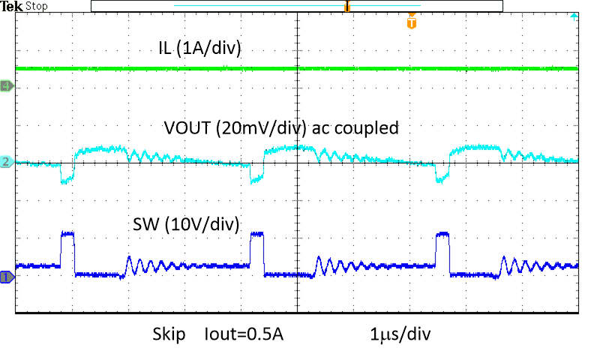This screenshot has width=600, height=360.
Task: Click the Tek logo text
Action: (x=11, y=6)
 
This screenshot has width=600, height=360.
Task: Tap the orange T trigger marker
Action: (x=411, y=22)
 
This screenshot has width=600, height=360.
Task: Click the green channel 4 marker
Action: (x=7, y=86)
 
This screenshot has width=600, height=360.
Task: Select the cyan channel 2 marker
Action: (x=7, y=162)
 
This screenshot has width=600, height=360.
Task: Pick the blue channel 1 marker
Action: (x=7, y=277)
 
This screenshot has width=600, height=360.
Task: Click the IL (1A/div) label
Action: (x=199, y=50)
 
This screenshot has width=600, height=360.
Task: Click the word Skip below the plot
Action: (x=170, y=334)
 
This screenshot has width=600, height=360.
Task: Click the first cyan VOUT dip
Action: (x=67, y=177)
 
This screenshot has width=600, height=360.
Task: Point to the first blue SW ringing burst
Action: (x=146, y=265)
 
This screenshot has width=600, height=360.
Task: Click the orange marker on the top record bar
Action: (x=347, y=7)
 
